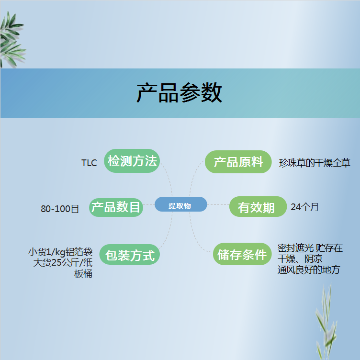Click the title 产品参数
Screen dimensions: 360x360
point(180,93)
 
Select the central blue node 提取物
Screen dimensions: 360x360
point(180,204)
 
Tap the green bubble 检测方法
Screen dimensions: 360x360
point(132,161)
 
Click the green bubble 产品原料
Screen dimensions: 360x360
point(238,162)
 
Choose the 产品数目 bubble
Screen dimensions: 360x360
point(116,207)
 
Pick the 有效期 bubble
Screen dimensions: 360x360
point(258,207)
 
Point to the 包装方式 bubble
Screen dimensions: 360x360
point(129,254)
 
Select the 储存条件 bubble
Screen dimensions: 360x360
point(242,254)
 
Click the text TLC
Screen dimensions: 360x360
point(89,163)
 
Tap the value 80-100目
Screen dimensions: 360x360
point(60,209)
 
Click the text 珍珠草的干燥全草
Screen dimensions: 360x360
point(315,163)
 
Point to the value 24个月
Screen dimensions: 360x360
point(304,207)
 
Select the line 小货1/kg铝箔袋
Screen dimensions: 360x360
point(60,252)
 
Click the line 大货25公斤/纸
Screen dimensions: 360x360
point(63,262)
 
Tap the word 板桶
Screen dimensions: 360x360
point(83,274)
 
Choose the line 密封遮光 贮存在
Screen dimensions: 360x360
point(310,248)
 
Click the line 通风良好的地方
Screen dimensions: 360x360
point(309,270)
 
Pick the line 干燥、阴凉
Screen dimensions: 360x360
point(300,259)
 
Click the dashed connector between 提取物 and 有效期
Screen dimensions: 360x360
point(218,204)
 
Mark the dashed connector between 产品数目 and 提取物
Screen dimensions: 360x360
point(149,204)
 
